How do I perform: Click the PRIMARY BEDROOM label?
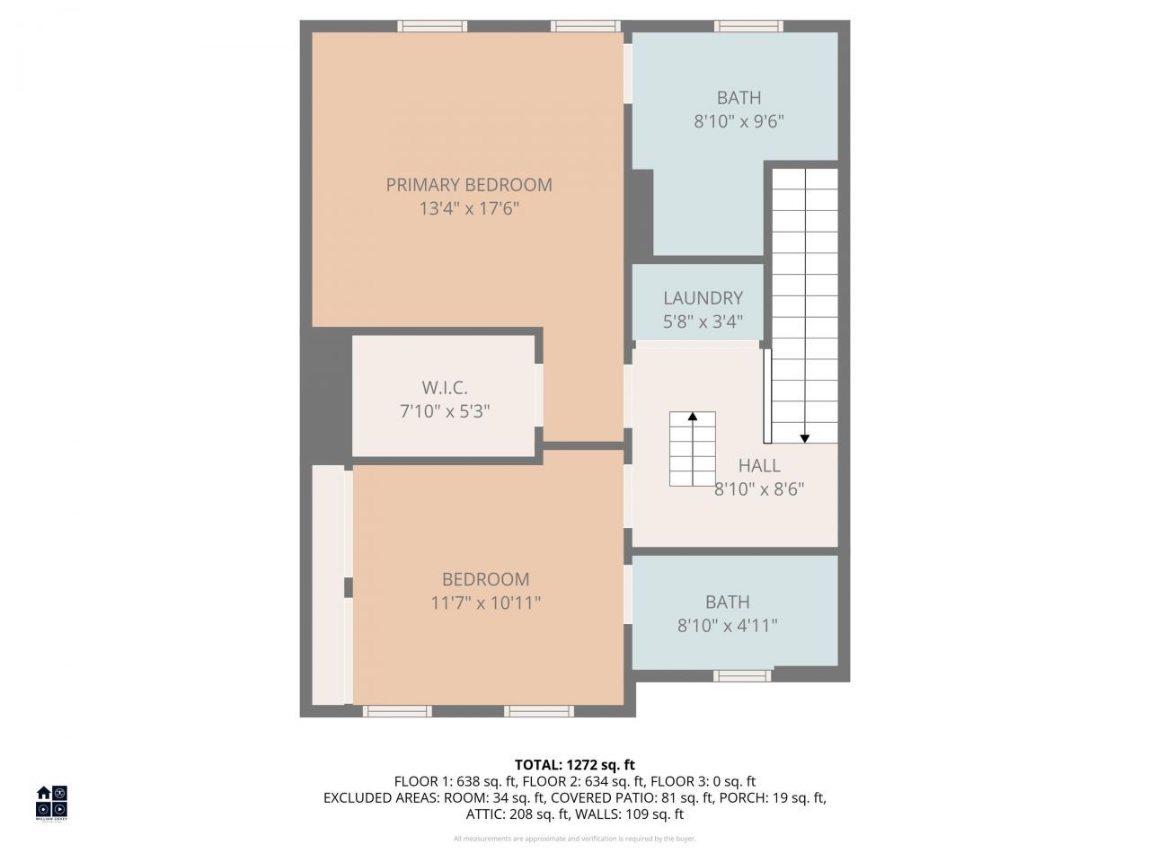point(469,185)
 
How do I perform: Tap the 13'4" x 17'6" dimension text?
point(469,209)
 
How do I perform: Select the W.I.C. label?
point(445,388)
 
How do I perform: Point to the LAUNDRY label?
point(703,298)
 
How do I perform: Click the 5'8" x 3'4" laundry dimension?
point(703,321)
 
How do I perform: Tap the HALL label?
point(759,465)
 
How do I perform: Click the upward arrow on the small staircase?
point(693,417)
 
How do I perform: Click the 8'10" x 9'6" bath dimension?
point(739,121)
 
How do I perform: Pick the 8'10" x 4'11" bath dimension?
point(728,625)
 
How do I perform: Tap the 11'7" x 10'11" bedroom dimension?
point(485,603)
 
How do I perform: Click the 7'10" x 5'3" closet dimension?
point(445,411)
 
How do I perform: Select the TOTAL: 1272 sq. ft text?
point(575,765)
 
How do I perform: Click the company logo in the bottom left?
point(51,802)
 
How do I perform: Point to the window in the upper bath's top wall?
point(748,26)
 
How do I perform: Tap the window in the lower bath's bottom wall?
point(743,674)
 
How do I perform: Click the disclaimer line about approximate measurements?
point(575,839)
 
